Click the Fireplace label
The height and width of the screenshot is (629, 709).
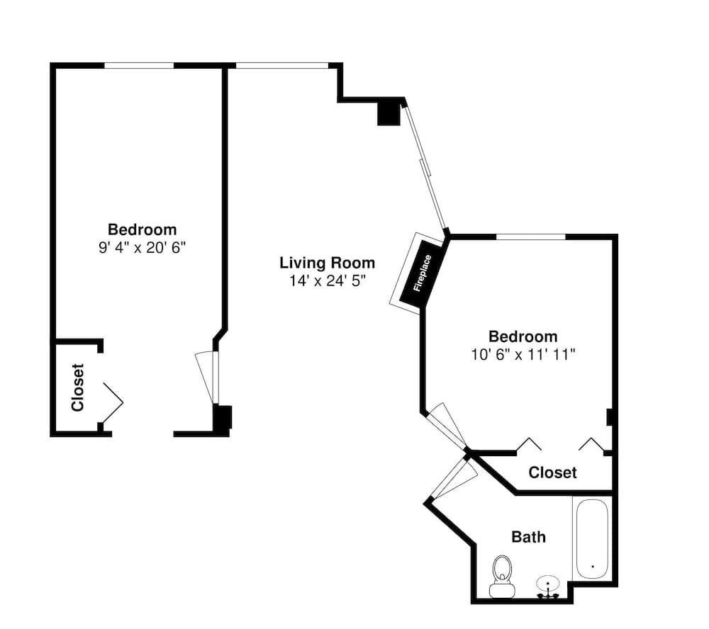coord(423,273)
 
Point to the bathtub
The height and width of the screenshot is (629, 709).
coord(592,538)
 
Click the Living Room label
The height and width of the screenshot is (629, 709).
coord(327,263)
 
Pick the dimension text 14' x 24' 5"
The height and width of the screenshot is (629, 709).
coord(327,281)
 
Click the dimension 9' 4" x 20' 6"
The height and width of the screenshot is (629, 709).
coord(143,248)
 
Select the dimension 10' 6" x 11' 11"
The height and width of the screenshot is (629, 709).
coord(523,355)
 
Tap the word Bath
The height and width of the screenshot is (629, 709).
coord(529,537)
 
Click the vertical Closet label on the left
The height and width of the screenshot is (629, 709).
coord(78,387)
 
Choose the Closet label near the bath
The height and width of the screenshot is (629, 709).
coord(552,472)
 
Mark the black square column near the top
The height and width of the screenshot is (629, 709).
coord(389,115)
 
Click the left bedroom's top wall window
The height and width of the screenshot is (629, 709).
coord(139,65)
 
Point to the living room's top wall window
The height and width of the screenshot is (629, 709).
coord(282,65)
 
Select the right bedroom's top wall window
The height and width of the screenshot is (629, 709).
coord(531,237)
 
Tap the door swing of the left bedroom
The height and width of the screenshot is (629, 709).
coord(206,378)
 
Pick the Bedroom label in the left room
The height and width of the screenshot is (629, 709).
coord(143,229)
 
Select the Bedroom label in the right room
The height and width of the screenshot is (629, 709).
coord(523,336)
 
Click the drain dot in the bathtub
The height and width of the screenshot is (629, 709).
coord(593,566)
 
